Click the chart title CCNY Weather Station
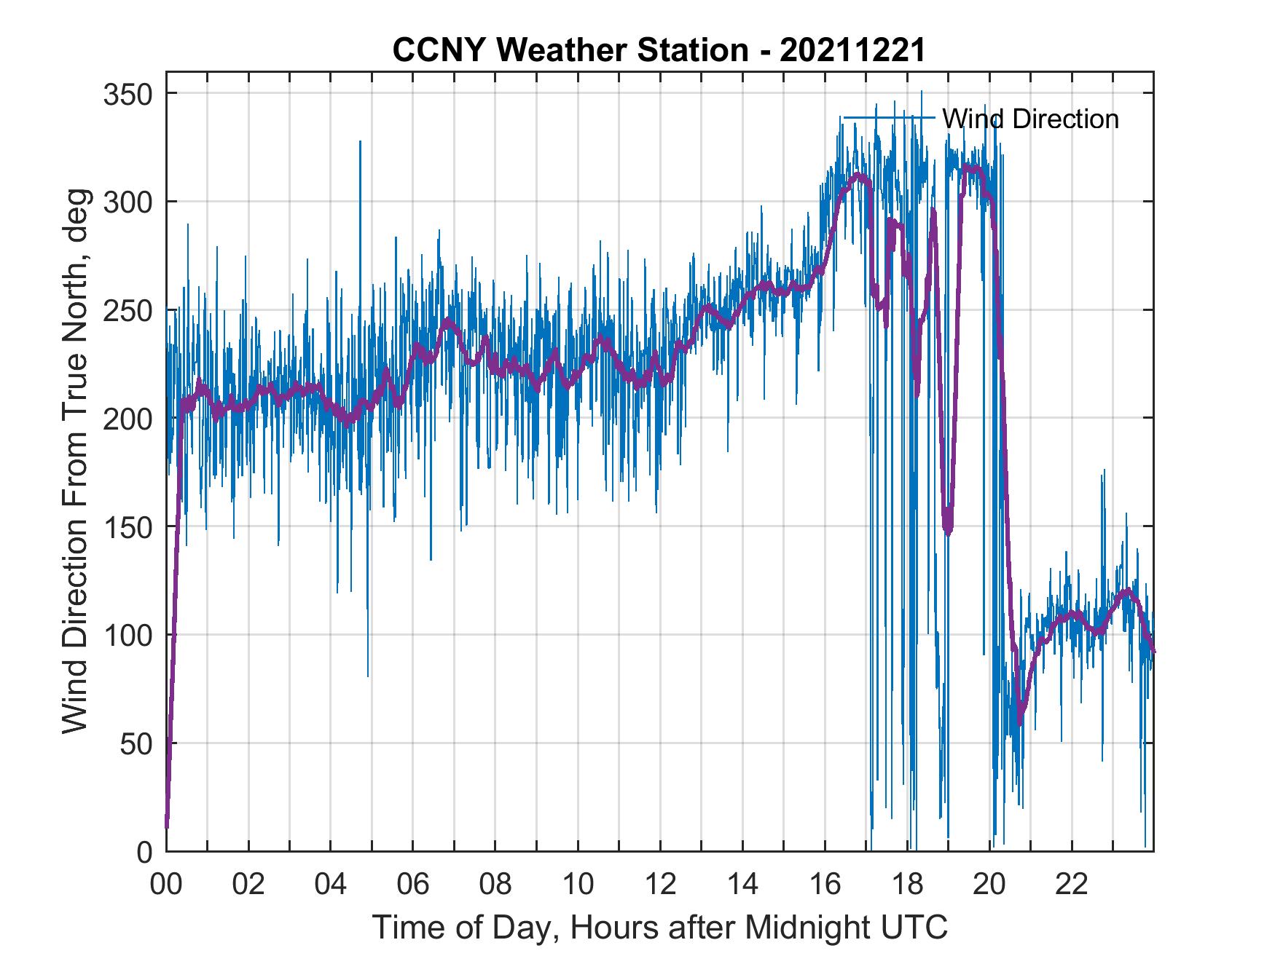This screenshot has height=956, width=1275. point(659,50)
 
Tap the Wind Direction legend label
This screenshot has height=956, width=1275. point(1030,119)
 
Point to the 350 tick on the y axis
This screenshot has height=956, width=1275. point(131,94)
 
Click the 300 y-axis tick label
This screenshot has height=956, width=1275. point(131,202)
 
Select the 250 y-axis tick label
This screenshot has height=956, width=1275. point(131,310)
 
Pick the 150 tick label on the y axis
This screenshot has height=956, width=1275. point(131,526)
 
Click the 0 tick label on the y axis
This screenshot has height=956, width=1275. point(146,851)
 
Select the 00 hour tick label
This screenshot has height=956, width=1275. point(166,885)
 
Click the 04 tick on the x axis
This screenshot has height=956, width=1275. point(331,885)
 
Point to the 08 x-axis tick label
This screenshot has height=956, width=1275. point(495,885)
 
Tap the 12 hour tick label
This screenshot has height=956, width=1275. point(660,885)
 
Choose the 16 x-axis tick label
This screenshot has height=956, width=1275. point(825,885)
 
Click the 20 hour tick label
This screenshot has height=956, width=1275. point(989,885)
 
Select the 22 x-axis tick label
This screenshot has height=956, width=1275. point(1072,885)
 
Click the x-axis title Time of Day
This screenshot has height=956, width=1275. point(660,928)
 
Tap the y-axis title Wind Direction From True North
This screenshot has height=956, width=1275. point(75,461)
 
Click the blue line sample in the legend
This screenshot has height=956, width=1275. point(888,118)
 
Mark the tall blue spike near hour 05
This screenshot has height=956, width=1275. point(359,146)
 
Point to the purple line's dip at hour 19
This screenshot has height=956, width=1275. point(948,528)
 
